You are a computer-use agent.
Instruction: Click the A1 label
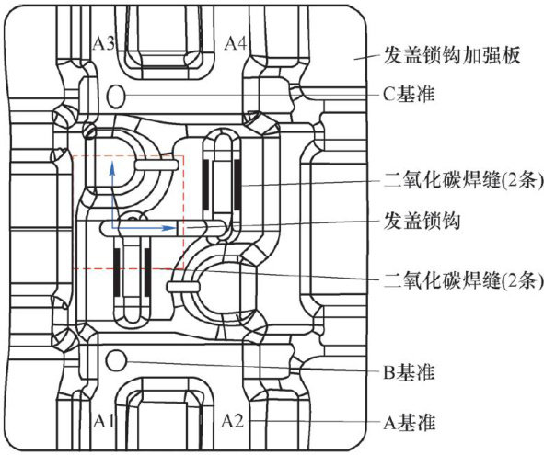pos(103,421)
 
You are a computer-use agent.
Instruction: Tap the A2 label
pos(233,421)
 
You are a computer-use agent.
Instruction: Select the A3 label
pos(104,44)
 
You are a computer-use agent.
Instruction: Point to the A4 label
pos(236,44)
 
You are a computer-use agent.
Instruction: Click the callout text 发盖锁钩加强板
pos(452,55)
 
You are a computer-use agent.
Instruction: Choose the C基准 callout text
pos(409,94)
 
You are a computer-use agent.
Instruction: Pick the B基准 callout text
pos(409,372)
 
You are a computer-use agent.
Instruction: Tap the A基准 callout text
pos(409,423)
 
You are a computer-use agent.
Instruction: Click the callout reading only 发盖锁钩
pos(422,221)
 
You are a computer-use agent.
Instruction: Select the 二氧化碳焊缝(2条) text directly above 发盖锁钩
pos(463,180)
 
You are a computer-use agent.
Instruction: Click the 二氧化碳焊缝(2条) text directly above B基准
pos(463,280)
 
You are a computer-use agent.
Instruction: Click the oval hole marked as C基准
pos(116,96)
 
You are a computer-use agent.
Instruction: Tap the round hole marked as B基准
pos(116,361)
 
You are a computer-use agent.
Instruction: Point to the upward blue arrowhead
pos(111,167)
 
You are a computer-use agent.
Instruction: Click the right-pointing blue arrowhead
pos(170,228)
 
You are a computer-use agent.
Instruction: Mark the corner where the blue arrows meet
pos(111,228)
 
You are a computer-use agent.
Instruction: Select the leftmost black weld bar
pos(117,271)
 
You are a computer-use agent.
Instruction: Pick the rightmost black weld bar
pos(237,185)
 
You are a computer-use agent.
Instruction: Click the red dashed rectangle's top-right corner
pos(183,156)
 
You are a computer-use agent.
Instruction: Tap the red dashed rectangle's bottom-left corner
pos(72,269)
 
